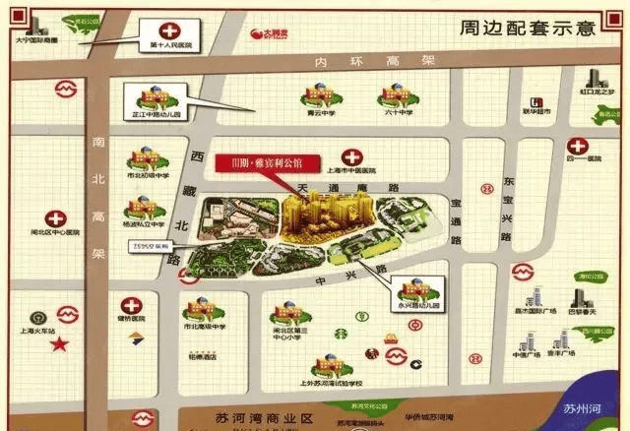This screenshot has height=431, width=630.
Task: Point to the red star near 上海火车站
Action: pyautogui.click(x=60, y=344)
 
